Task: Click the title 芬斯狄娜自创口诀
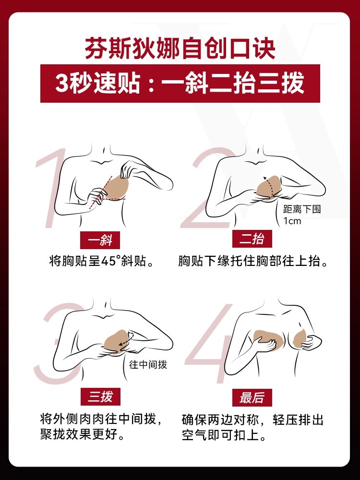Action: click(180, 49)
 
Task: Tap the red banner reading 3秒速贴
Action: click(180, 83)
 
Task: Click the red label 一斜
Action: click(100, 239)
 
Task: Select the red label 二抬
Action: click(252, 239)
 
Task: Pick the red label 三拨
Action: click(100, 396)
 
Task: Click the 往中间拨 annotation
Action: click(148, 364)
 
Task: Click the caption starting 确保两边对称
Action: click(253, 427)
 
